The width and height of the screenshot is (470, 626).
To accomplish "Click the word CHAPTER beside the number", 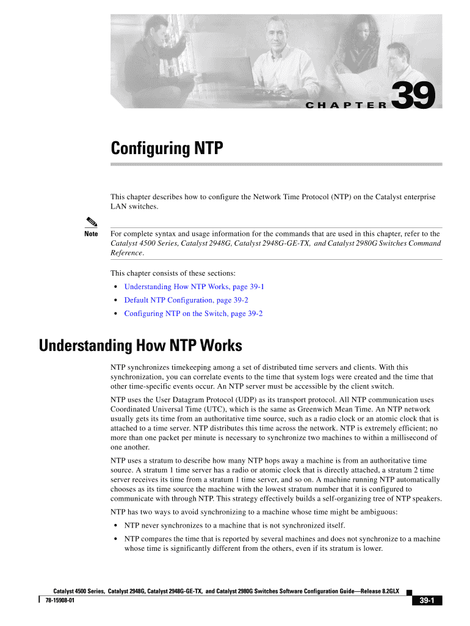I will pyautogui.click(x=345, y=105).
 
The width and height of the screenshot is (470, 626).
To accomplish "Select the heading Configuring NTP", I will pyautogui.click(x=167, y=149).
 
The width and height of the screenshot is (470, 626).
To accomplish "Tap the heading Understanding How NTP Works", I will pyautogui.click(x=140, y=346).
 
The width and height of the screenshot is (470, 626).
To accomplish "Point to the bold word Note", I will pyautogui.click(x=91, y=234).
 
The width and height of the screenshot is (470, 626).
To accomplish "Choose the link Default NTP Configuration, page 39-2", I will pyautogui.click(x=186, y=300).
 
